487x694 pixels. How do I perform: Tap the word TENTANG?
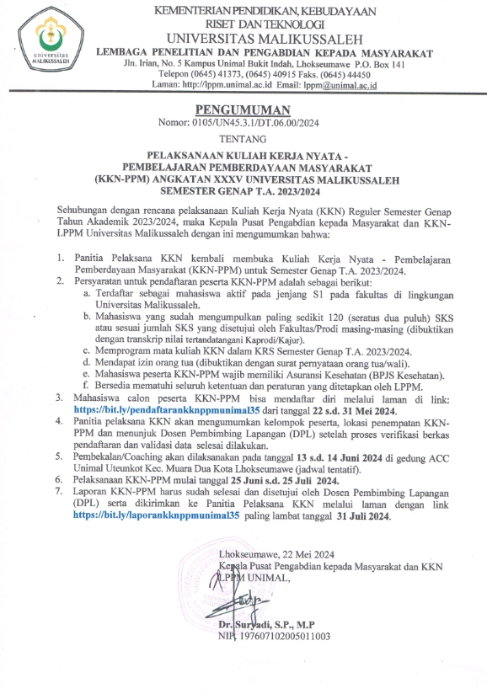click(243, 140)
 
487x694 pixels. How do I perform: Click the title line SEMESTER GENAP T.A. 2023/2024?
click(243, 191)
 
